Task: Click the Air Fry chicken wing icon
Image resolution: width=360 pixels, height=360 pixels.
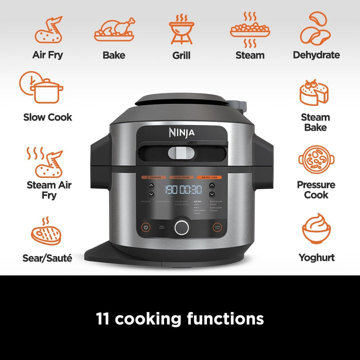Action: (x=48, y=30)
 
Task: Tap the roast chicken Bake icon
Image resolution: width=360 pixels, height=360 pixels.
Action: (x=114, y=30)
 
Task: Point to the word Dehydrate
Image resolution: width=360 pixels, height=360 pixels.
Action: (x=316, y=55)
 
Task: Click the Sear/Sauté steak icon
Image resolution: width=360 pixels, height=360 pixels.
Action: (x=47, y=233)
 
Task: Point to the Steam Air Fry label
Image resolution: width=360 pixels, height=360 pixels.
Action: (x=49, y=189)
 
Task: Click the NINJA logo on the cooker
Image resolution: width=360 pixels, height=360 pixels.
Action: (x=181, y=132)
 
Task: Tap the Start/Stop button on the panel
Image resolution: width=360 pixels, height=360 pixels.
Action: (x=217, y=226)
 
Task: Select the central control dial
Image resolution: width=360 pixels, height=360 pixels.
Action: (x=182, y=227)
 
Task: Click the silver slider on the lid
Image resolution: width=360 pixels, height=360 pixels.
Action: (x=181, y=153)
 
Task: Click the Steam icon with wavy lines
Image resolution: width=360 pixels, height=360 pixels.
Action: (x=249, y=30)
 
